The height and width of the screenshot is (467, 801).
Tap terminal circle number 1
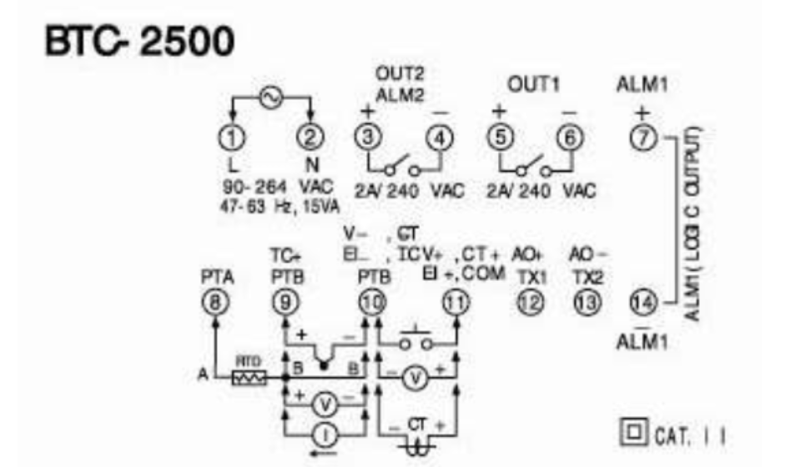click(234, 138)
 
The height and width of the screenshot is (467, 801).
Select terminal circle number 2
click(310, 138)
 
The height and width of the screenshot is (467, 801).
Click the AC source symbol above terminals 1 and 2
click(272, 98)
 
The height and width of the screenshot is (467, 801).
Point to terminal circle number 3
click(365, 138)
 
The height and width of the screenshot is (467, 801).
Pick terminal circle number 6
click(570, 138)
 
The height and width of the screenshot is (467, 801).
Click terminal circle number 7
click(642, 138)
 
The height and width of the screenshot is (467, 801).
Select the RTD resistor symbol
click(249, 378)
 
